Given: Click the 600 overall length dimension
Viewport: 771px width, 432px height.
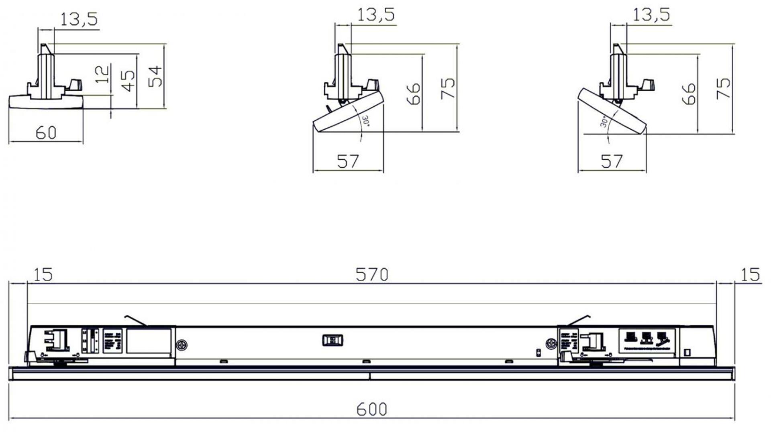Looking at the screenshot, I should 371,409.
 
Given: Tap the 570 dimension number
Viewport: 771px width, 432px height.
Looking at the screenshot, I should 372,275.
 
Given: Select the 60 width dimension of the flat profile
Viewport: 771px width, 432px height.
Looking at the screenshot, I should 46,133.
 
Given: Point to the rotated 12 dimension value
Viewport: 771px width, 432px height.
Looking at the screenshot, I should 103,74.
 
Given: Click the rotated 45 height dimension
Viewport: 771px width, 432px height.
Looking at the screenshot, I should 128,81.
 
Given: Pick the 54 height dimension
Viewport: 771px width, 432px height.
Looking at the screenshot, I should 155,76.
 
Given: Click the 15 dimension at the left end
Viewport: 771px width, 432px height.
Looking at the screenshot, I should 43,275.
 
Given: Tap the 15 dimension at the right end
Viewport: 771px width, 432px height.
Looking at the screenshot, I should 750,275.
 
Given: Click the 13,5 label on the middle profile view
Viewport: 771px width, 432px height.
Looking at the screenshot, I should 375,15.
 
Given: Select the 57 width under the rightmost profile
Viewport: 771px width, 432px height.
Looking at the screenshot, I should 612,161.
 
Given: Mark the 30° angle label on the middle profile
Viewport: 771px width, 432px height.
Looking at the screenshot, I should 365,121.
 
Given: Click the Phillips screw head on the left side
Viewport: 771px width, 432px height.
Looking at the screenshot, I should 182,344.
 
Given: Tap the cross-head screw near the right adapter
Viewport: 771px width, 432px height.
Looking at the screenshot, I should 551,344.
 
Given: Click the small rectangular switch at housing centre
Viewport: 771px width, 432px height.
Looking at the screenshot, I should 332,340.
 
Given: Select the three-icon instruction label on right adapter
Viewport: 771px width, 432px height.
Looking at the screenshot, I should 647,341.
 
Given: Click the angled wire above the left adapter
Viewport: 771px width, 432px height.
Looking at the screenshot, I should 136,320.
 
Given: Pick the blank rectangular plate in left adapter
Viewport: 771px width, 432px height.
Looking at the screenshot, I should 149,341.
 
